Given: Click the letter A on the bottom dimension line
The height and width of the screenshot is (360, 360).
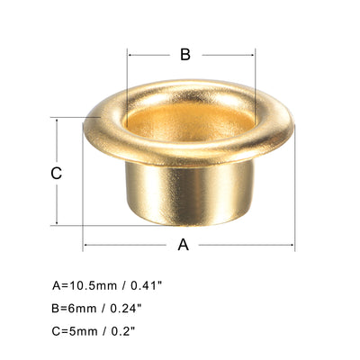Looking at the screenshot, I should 184,245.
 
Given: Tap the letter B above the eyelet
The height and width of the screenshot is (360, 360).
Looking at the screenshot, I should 184,55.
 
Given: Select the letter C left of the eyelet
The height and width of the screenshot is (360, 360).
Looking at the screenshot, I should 56,173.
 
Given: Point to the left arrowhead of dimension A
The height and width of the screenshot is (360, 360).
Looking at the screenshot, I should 86,245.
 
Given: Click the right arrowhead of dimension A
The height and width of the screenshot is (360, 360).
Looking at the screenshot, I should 292,245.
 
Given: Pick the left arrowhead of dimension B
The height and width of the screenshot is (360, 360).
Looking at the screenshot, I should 131,54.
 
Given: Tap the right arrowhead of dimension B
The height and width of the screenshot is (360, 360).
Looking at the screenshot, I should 256,54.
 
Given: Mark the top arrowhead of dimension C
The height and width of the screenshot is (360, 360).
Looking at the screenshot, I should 57,120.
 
